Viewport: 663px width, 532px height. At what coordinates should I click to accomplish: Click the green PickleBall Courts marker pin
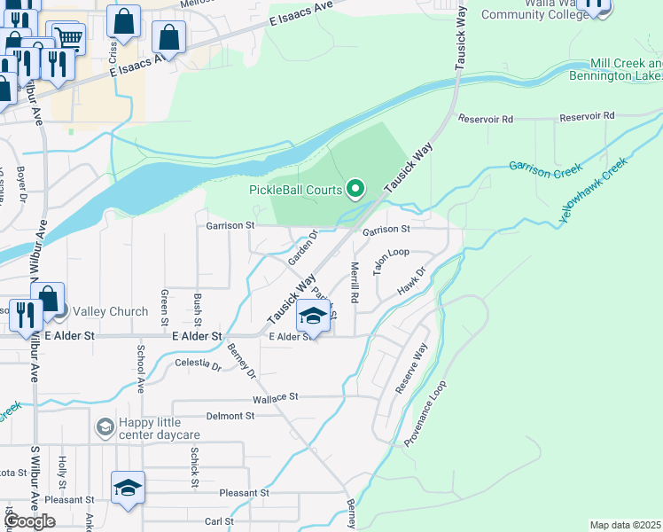pyautogui.click(x=355, y=188)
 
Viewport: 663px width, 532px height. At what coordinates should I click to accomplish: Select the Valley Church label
pyautogui.click(x=110, y=311)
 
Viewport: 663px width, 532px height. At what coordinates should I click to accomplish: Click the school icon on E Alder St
pyautogui.click(x=312, y=316)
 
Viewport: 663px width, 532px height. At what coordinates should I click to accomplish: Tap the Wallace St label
pyautogui.click(x=277, y=399)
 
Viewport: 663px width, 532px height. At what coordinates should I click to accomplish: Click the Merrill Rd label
pyautogui.click(x=355, y=284)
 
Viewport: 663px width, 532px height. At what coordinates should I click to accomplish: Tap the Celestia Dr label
pyautogui.click(x=198, y=364)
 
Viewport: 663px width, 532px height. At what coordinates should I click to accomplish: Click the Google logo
pyautogui.click(x=30, y=521)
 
